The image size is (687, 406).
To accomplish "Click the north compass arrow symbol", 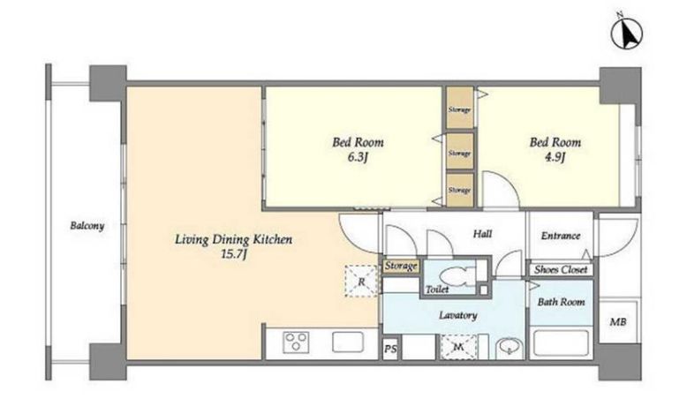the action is click(x=627, y=33).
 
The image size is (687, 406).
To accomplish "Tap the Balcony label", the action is click(x=87, y=226).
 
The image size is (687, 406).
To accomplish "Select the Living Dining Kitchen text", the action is click(x=233, y=239).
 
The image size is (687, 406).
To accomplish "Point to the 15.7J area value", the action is click(x=234, y=253).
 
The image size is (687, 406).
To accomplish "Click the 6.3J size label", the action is click(x=358, y=156).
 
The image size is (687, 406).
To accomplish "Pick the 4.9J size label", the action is click(x=555, y=156).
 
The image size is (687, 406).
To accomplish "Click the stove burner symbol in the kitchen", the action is click(x=296, y=342).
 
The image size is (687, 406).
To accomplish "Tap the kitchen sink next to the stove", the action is click(x=348, y=342).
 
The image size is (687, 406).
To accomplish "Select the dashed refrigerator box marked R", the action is click(x=361, y=282).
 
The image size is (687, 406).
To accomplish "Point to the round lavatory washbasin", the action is click(x=510, y=349).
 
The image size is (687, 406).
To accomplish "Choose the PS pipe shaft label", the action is click(x=390, y=349).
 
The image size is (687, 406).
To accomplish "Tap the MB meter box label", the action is click(x=618, y=322).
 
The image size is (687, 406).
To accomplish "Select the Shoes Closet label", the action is click(x=561, y=269).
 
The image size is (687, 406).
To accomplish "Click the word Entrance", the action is click(x=561, y=236).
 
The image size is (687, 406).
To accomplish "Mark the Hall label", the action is click(x=482, y=234).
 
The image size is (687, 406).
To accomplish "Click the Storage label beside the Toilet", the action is click(x=401, y=266).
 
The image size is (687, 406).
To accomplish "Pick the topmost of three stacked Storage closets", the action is click(x=459, y=108).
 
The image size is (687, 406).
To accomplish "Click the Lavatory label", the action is click(x=458, y=315).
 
